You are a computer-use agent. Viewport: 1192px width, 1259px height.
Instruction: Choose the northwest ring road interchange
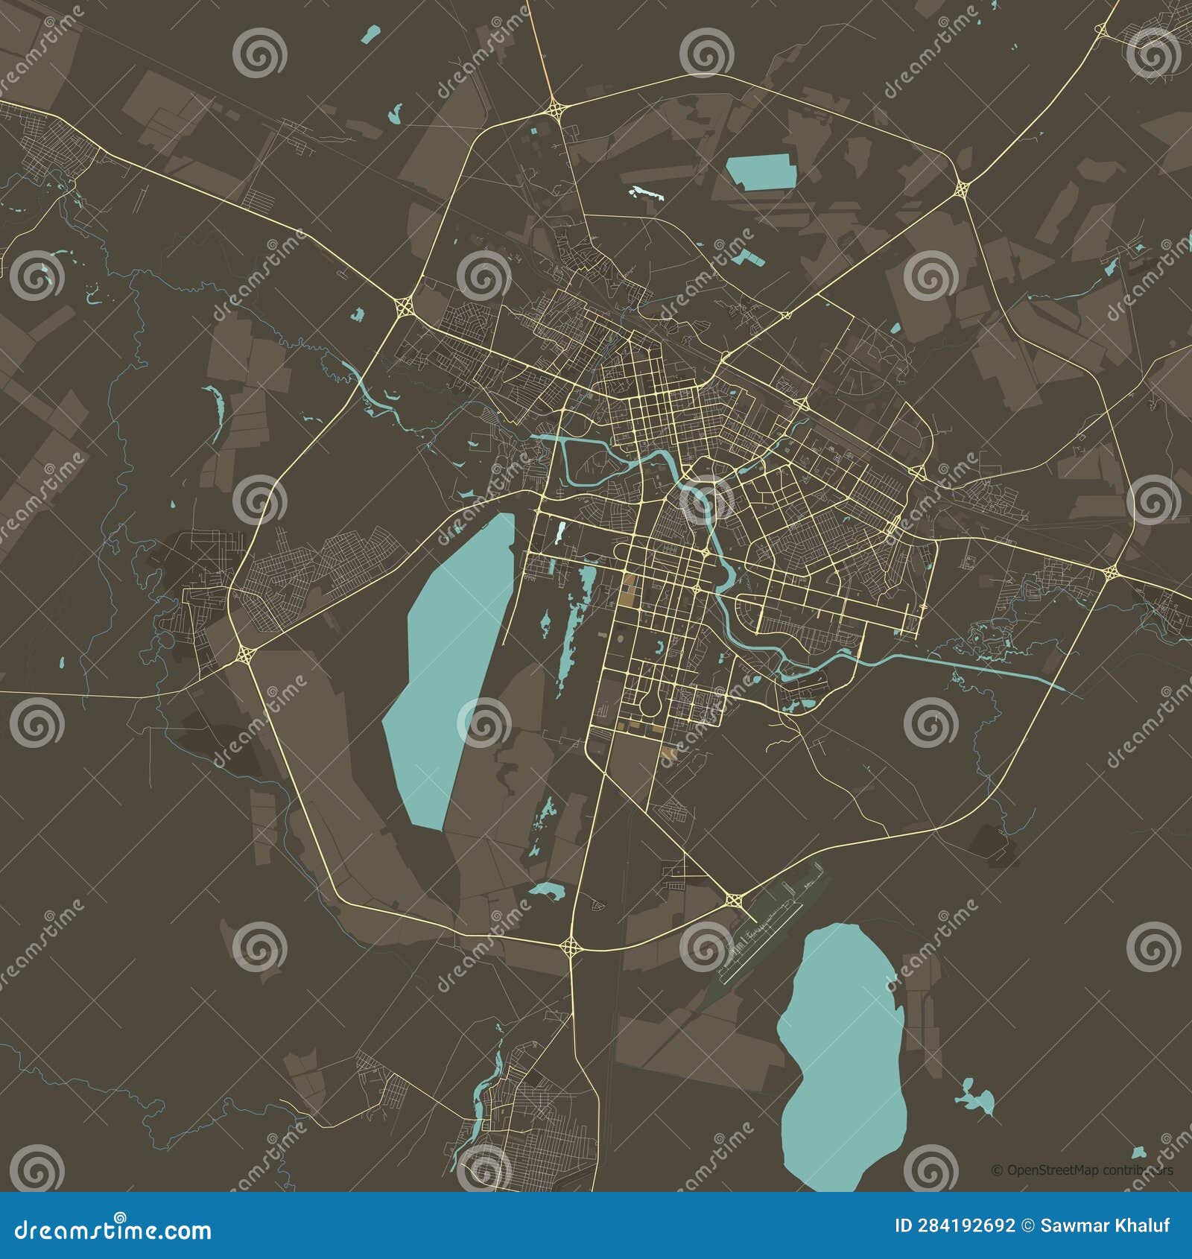405,305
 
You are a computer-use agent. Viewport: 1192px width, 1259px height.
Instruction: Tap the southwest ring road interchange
245,654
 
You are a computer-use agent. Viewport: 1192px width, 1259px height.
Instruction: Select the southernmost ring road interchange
571,947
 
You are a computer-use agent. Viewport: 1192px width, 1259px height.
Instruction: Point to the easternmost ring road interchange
1110,572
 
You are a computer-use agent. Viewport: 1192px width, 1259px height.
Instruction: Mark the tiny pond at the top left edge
370,33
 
